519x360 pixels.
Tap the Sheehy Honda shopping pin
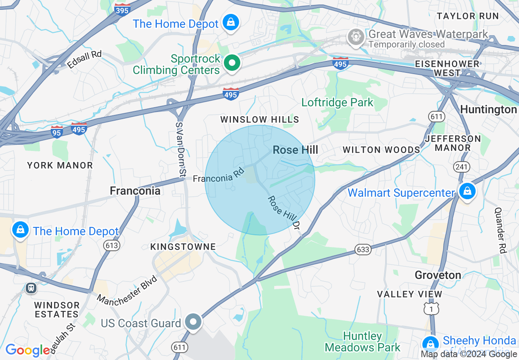click(x=430, y=343)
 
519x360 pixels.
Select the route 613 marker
click(x=111, y=245)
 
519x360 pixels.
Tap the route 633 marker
click(x=363, y=250)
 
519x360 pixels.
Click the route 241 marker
click(x=461, y=166)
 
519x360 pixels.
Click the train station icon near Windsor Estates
click(x=31, y=288)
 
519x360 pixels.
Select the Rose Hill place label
click(x=295, y=150)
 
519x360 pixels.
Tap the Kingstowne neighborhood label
click(x=183, y=247)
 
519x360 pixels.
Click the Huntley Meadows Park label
click(x=363, y=342)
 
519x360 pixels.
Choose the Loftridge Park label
click(x=337, y=102)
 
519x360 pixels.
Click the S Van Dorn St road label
click(x=180, y=150)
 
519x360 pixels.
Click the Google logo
click(x=28, y=350)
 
